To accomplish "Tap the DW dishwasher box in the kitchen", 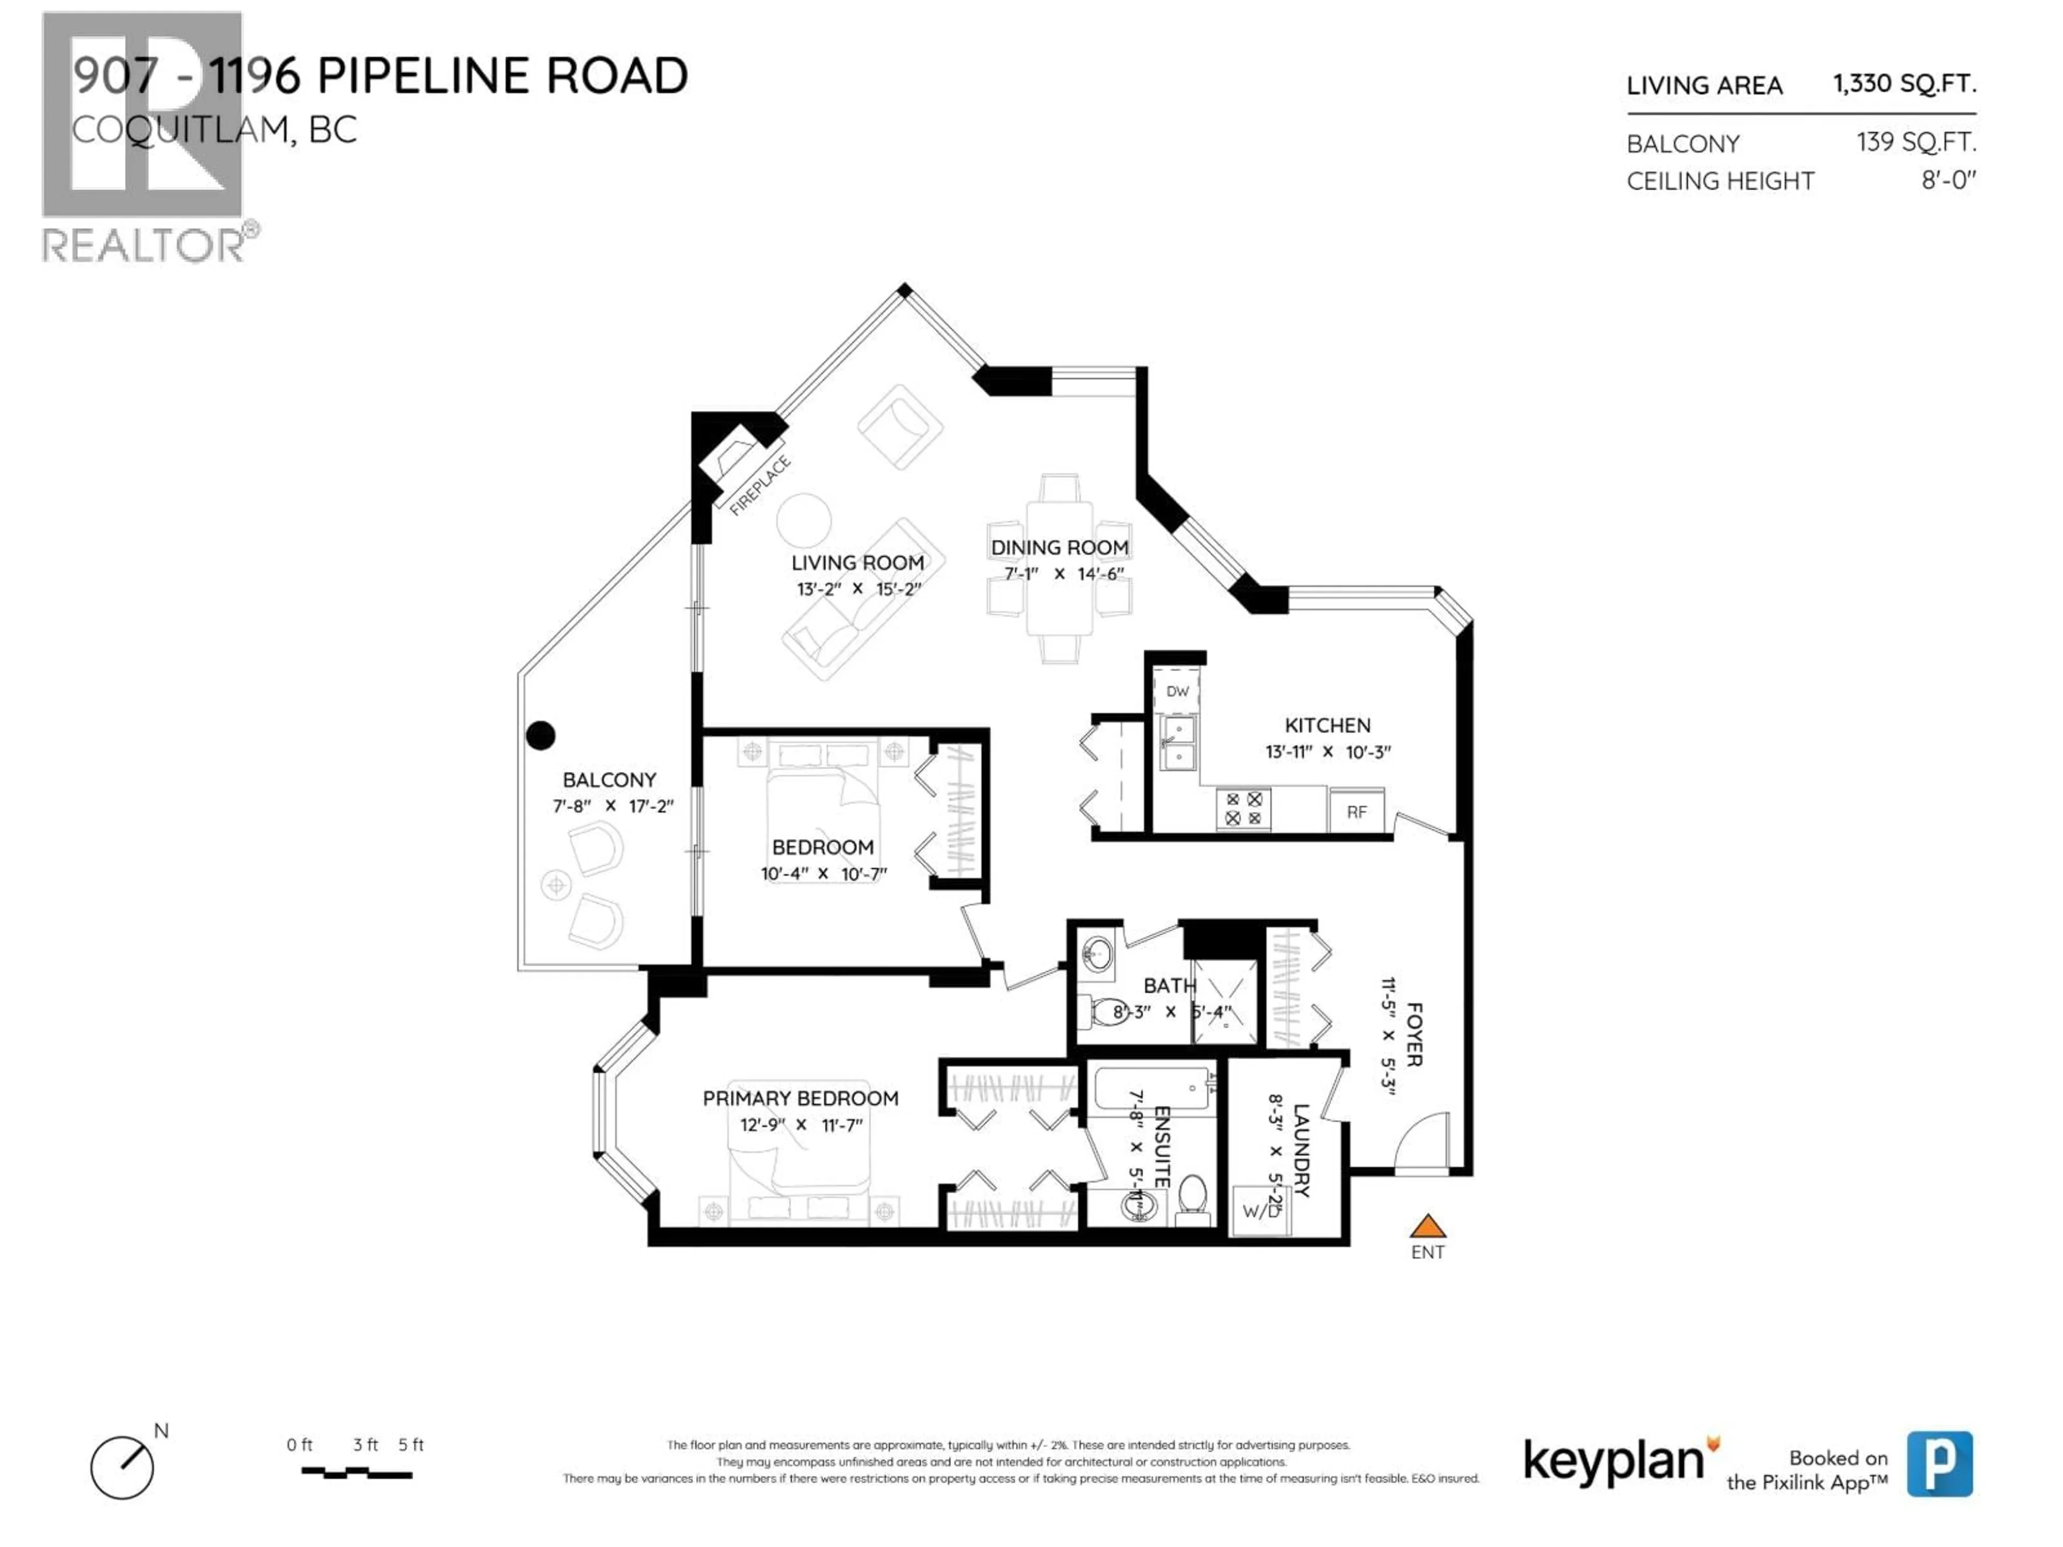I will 1177,691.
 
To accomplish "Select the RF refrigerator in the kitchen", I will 1356,811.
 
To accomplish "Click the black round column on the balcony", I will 541,736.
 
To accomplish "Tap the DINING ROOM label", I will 1059,547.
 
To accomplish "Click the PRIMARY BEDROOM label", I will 800,1098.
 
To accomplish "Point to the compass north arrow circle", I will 122,1468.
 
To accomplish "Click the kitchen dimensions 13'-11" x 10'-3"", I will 1327,751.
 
